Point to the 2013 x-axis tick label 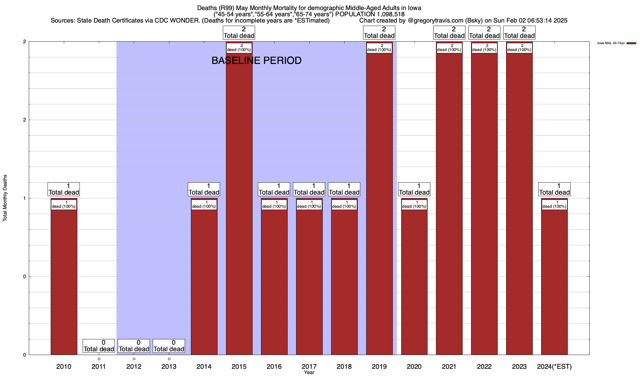coord(169,367)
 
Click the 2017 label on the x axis coord(309,367)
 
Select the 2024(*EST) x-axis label coord(554,367)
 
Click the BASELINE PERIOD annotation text coord(256,60)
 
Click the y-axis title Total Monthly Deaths coord(5,198)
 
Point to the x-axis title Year coord(309,373)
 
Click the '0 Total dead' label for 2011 coord(99,346)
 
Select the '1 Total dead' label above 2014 coord(204,189)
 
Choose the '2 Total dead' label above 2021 coord(449,33)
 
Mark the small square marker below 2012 coord(134,359)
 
